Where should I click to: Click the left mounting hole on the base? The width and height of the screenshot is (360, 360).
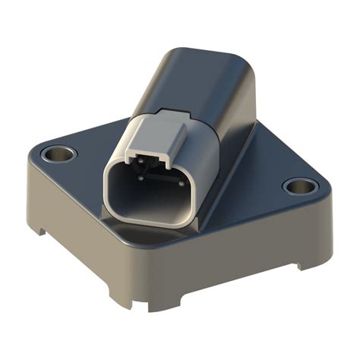click(x=58, y=154)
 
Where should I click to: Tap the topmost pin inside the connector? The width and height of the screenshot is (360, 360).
click(x=138, y=162)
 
